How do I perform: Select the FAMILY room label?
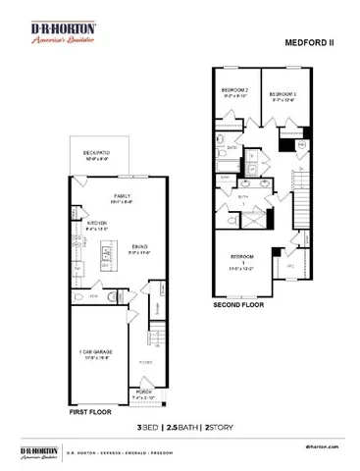(x=123, y=197)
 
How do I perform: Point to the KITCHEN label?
(x=95, y=225)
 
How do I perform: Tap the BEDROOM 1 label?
(x=241, y=259)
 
